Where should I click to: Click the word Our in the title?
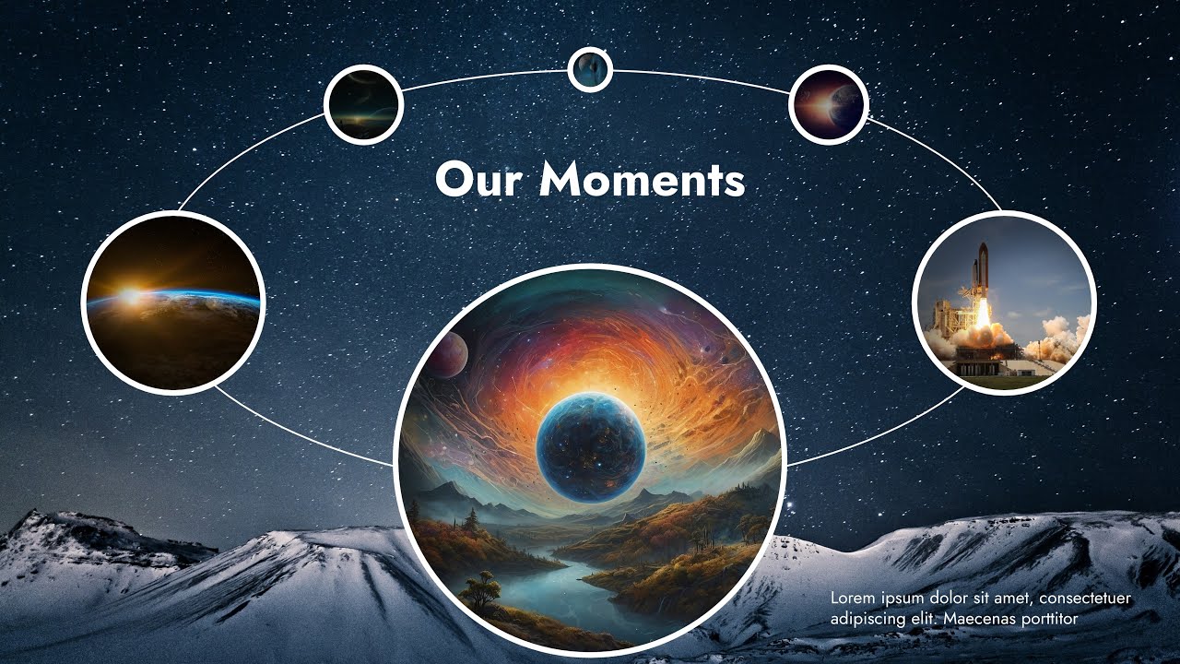click(x=478, y=180)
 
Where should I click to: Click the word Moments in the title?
click(x=642, y=180)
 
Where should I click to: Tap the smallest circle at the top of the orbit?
click(x=590, y=69)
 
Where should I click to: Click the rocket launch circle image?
click(x=1004, y=302)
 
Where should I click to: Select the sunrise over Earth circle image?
click(x=173, y=302)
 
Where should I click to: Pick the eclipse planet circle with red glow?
click(x=829, y=104)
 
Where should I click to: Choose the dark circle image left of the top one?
click(x=363, y=104)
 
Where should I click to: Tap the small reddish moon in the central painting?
click(x=448, y=354)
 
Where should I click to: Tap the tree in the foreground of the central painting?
click(x=481, y=588)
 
